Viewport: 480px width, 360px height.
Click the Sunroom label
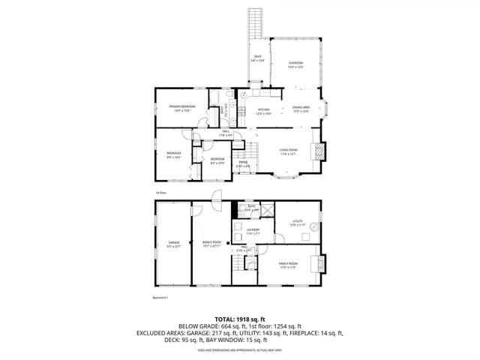click(295, 64)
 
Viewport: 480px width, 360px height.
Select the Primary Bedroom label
click(182, 108)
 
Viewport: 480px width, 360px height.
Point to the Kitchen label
click(262, 111)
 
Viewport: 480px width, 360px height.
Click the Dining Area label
click(301, 109)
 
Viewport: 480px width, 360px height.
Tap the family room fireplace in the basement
click(322, 264)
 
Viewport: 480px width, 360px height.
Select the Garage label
click(173, 244)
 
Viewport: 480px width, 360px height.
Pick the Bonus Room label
click(211, 244)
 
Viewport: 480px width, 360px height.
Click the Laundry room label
click(253, 231)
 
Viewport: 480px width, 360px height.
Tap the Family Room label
click(289, 265)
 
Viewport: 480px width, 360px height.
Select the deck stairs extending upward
click(256, 22)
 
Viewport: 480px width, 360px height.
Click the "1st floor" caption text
click(160, 192)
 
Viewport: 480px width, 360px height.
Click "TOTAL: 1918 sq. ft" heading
click(239, 319)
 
